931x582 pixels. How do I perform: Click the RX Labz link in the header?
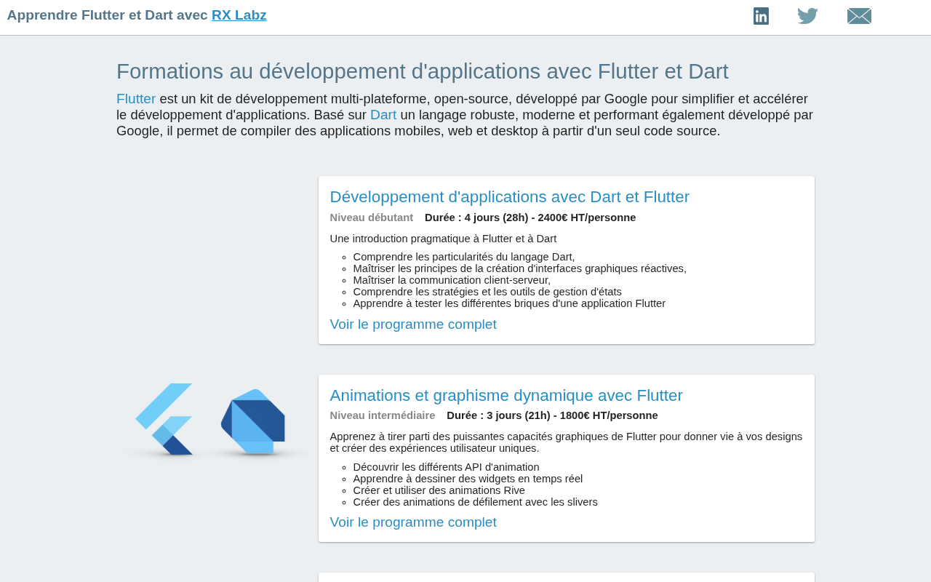click(x=239, y=15)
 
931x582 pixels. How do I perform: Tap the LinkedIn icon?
click(x=761, y=16)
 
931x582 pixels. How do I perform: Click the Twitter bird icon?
click(x=807, y=16)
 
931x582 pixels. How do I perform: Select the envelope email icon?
click(x=859, y=16)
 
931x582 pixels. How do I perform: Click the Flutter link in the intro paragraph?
click(x=136, y=99)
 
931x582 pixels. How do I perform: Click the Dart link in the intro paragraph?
click(x=383, y=115)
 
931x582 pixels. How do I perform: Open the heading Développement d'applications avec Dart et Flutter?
click(x=510, y=197)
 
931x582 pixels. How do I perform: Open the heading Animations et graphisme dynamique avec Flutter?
click(x=506, y=395)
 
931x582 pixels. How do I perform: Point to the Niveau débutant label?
click(x=372, y=218)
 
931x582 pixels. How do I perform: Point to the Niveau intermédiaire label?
click(x=383, y=415)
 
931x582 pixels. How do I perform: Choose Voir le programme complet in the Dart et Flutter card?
click(x=413, y=324)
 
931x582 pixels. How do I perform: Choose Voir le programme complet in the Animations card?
click(x=413, y=522)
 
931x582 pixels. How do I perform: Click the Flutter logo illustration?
click(x=164, y=419)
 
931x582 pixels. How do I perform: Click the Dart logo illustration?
click(x=252, y=421)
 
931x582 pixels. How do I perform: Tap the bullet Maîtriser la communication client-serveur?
click(x=452, y=280)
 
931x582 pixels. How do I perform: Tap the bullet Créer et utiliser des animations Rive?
click(x=439, y=490)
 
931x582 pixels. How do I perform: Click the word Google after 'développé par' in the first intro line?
click(x=626, y=99)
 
